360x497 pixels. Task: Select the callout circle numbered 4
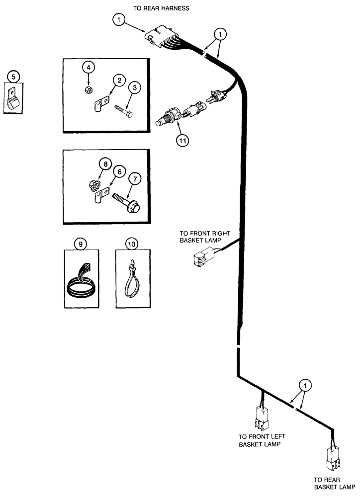pyautogui.click(x=88, y=67)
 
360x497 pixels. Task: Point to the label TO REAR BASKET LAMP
pyautogui.click(x=333, y=484)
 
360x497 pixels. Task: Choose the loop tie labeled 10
pyautogui.click(x=133, y=281)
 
